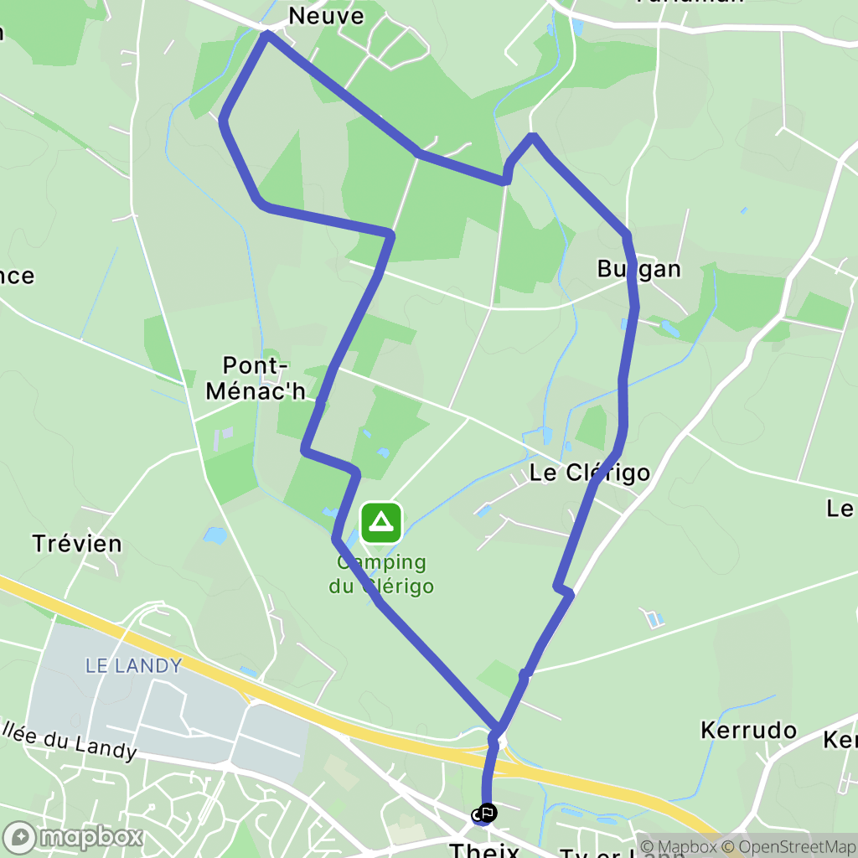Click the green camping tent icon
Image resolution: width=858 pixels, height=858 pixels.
point(382,523)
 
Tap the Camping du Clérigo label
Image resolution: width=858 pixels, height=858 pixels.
point(382,574)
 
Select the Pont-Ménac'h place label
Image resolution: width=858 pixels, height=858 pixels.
point(265,378)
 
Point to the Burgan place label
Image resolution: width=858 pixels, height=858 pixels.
point(638,268)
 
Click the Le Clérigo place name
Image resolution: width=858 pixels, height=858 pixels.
point(590,473)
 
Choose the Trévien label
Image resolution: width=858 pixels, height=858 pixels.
point(77,543)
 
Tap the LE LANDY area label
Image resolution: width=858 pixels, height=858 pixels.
point(134,666)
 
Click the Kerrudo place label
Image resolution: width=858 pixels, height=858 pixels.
point(748,730)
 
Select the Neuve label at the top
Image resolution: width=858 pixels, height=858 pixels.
point(327,16)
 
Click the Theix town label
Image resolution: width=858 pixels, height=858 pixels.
point(484,850)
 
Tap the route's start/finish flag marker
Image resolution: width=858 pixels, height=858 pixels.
point(485,813)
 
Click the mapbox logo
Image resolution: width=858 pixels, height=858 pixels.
point(73,836)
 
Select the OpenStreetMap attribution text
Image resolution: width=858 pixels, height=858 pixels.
point(792,846)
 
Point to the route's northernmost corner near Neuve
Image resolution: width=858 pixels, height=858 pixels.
point(267,34)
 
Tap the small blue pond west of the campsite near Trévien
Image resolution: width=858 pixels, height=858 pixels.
point(214,535)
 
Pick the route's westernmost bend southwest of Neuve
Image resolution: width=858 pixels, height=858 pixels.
point(224,121)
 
